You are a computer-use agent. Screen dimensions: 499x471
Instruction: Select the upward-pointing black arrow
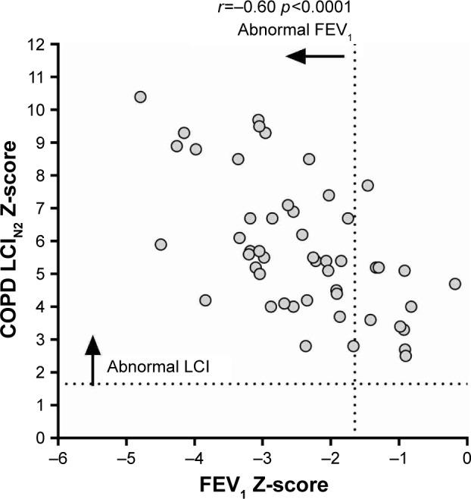[x=92, y=359]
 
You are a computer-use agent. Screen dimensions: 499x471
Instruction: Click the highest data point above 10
[x=140, y=97]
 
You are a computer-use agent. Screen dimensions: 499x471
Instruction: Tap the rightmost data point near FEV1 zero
[x=454, y=284]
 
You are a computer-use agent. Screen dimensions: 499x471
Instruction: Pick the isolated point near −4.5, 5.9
[x=161, y=244]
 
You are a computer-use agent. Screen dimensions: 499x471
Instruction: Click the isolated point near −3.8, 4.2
[x=205, y=300]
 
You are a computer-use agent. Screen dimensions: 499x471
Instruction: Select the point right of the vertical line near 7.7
[x=368, y=185]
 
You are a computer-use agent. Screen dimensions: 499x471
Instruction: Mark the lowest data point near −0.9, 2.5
[x=406, y=356]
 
